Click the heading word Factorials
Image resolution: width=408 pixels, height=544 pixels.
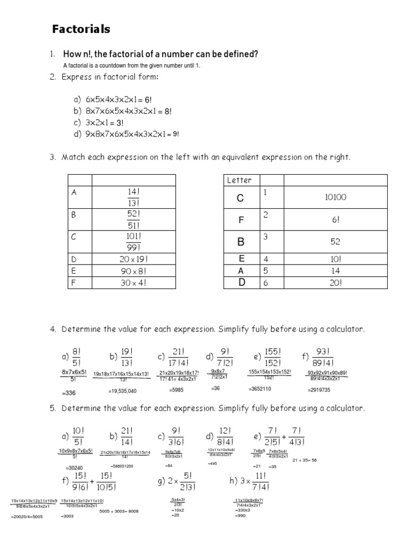81,30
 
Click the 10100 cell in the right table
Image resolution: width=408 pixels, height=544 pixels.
336,198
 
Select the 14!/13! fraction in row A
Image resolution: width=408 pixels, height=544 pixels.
133,197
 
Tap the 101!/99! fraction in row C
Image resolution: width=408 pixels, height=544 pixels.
133,242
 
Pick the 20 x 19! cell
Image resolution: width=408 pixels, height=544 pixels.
133,260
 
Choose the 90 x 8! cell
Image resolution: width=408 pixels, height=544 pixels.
133,271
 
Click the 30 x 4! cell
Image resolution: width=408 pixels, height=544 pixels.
133,283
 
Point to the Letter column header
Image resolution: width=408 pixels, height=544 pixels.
239,180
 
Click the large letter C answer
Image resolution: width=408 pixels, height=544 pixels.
240,198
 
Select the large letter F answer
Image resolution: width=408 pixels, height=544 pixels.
240,220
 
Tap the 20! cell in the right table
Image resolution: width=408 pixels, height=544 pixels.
336,283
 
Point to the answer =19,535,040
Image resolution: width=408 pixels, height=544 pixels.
122,391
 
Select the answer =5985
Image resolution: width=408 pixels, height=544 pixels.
176,390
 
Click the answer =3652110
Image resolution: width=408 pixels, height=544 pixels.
260,389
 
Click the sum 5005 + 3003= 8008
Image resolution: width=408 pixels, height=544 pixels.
118,511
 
